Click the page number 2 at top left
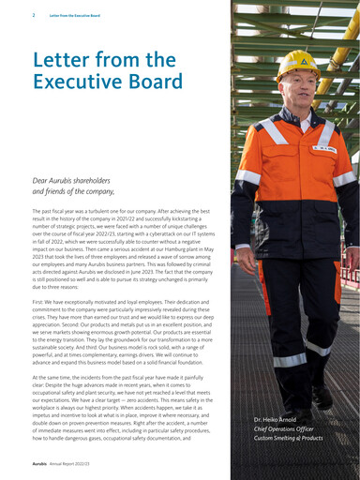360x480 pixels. pos(33,15)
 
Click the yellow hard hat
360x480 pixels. pos(297,62)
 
